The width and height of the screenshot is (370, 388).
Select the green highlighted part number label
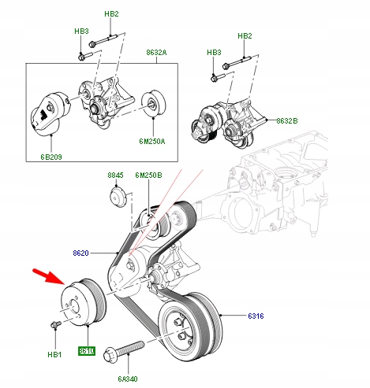(86, 350)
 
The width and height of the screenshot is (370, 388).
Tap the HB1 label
(54, 355)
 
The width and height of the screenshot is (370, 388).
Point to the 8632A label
(155, 53)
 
